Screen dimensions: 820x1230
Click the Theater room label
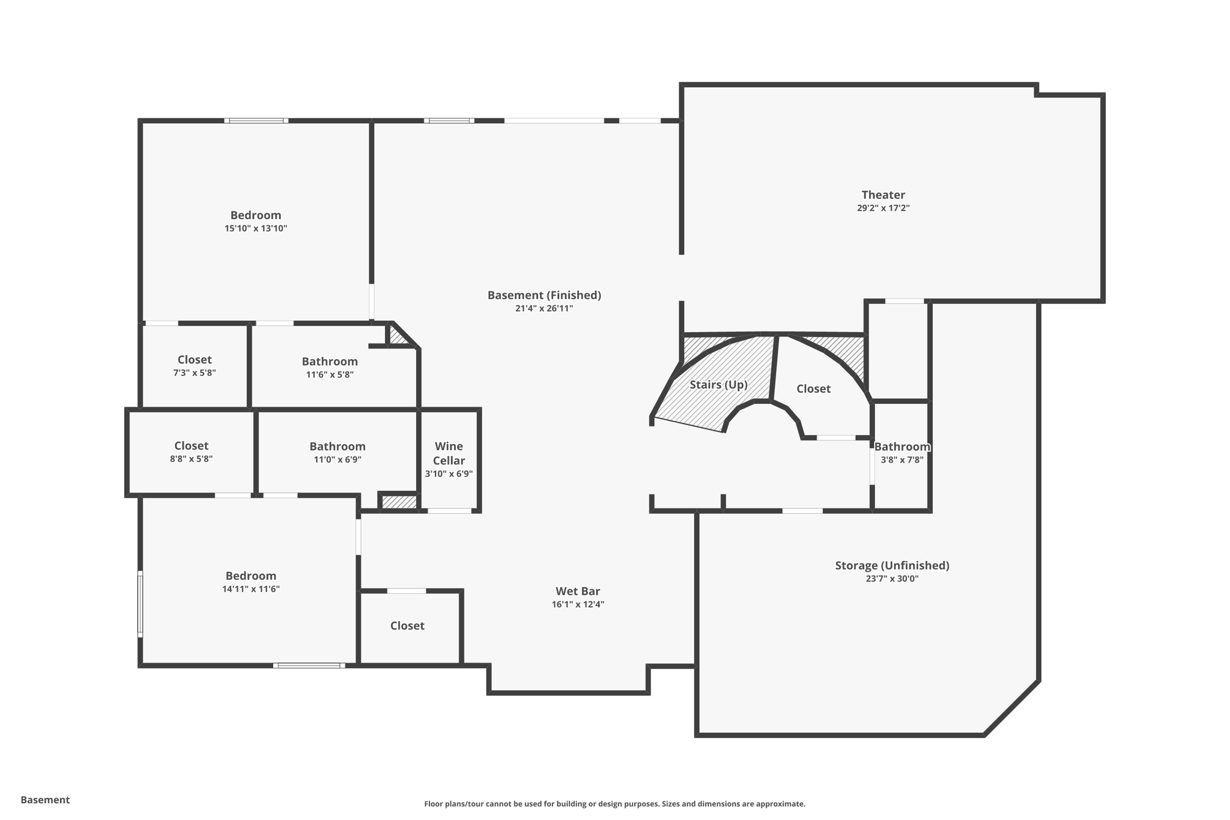click(883, 195)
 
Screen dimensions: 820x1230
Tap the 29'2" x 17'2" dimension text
click(883, 208)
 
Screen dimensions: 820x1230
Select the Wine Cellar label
click(449, 454)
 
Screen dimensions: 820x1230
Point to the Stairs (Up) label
click(718, 384)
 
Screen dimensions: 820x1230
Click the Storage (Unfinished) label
click(892, 565)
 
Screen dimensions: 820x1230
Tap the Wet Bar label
click(578, 591)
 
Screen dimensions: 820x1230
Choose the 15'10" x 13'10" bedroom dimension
click(256, 228)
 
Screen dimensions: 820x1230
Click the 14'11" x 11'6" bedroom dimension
click(250, 589)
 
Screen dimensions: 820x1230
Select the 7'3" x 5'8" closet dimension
click(194, 372)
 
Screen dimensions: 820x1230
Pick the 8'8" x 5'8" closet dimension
click(191, 459)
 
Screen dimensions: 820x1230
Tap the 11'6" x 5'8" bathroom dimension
click(330, 375)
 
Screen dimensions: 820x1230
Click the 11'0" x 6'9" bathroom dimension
click(337, 460)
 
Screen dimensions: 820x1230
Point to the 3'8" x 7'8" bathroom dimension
click(901, 460)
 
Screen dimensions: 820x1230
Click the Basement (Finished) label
click(544, 295)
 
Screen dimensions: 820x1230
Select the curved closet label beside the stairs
click(813, 389)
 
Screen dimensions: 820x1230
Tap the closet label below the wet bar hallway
click(407, 626)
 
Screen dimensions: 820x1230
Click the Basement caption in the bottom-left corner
click(45, 800)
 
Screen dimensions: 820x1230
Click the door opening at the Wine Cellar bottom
click(449, 511)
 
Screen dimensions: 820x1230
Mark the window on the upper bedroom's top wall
click(256, 121)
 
